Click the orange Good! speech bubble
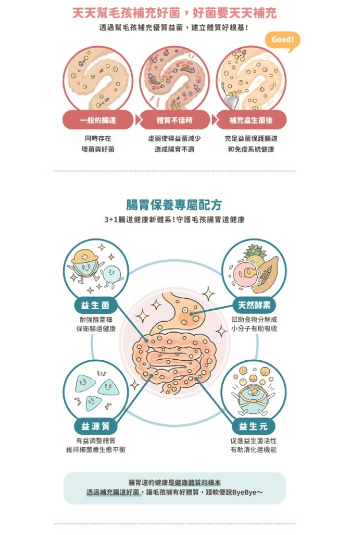[282, 40]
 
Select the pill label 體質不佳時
[174, 120]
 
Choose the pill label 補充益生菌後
[251, 120]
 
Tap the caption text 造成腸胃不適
[174, 149]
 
